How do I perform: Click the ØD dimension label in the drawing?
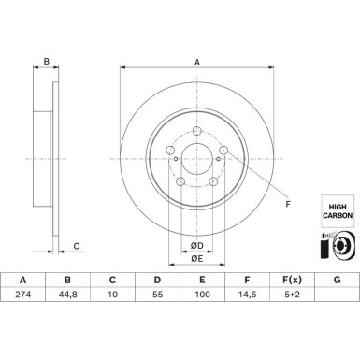pos(197,245)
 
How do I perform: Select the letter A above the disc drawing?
pos(196,63)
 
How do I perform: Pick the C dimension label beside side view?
pos(77,247)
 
